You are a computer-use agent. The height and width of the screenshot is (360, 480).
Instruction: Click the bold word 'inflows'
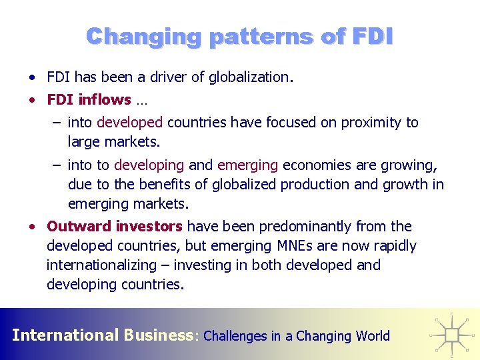pos(105,100)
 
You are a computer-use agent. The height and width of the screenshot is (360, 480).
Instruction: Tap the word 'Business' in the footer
pos(158,335)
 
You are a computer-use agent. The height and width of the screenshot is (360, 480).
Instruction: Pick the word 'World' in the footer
pos(373,336)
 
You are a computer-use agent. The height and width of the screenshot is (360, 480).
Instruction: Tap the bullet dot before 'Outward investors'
pos(33,227)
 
